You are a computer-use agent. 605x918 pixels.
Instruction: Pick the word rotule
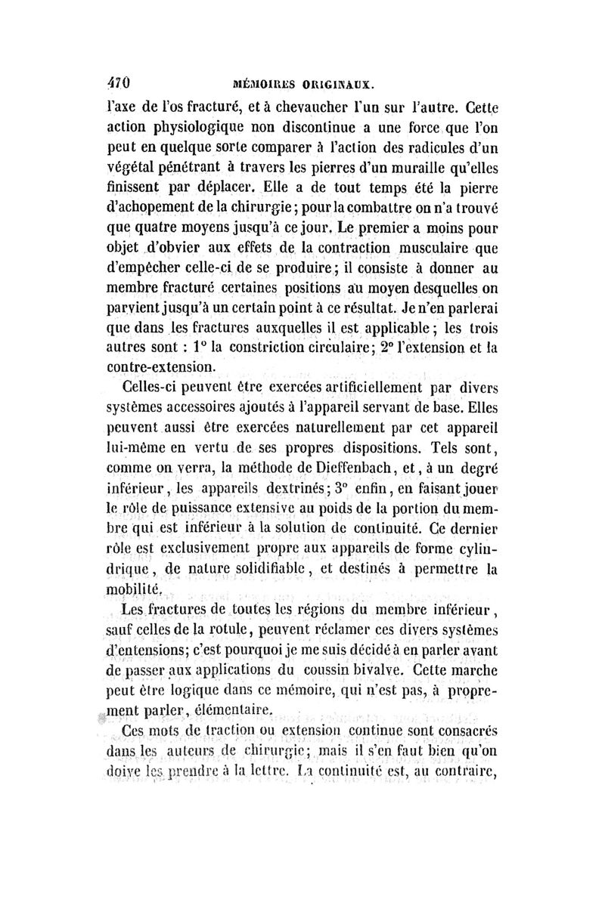pos(224,626)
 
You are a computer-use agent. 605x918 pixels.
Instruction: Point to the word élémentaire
pos(234,709)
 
